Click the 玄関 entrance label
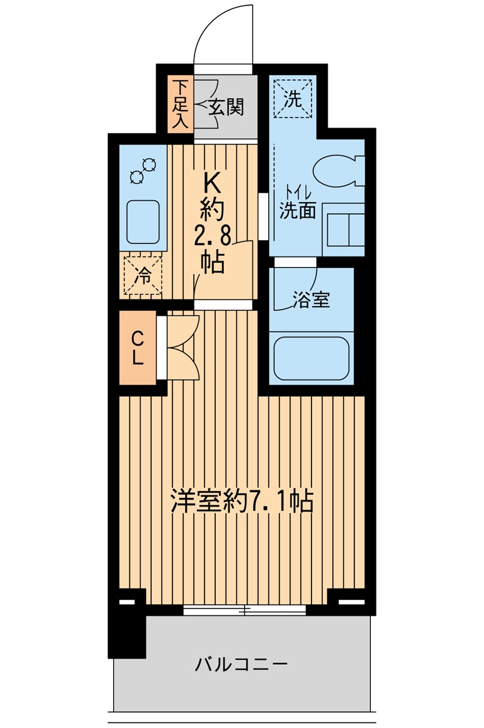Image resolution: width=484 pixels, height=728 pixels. tap(226, 107)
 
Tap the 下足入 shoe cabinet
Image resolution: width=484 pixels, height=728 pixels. tap(180, 104)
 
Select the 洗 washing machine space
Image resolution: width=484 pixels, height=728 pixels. tap(293, 98)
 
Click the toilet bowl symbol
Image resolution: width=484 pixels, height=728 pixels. tap(337, 171)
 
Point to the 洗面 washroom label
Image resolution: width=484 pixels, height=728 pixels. tap(298, 211)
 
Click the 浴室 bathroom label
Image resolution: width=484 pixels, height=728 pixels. tap(311, 300)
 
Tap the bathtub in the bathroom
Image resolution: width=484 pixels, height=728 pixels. tap(311, 358)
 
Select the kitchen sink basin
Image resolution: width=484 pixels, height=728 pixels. tap(143, 221)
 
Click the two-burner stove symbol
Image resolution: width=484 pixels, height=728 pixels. tap(143, 171)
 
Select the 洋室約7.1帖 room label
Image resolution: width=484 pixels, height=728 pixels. tap(242, 501)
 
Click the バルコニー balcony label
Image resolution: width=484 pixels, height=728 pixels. tap(241, 663)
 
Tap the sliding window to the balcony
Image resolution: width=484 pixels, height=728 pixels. tap(245, 610)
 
